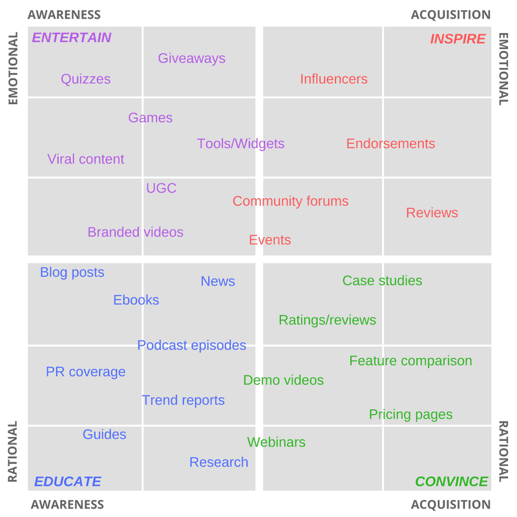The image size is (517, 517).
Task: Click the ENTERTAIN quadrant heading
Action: coord(72,37)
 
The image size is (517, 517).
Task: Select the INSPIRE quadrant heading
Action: coord(458,39)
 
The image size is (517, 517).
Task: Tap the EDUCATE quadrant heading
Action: coord(67,481)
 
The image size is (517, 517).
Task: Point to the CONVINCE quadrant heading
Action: coord(451,481)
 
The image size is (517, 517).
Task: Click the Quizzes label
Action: coord(85,79)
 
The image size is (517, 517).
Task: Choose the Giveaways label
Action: coord(191,58)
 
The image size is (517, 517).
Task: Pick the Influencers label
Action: coord(333,79)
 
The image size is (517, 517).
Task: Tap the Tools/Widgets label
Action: coord(240,143)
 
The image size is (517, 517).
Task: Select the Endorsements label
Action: coord(390,143)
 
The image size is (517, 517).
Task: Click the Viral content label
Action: coord(85,159)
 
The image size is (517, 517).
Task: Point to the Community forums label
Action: coord(290,201)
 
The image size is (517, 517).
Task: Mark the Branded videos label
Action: coord(135,232)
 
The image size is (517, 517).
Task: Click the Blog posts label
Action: coord(72,272)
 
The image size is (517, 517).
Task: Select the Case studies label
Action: coord(382,280)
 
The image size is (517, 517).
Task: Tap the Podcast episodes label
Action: coord(191,345)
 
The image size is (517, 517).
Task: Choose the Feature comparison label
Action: coord(410,361)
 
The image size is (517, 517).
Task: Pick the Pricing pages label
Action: coord(410,414)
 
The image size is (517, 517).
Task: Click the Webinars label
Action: coord(276,442)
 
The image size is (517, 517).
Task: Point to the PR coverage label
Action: coord(85,372)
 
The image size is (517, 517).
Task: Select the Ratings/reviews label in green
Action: coord(327,320)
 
